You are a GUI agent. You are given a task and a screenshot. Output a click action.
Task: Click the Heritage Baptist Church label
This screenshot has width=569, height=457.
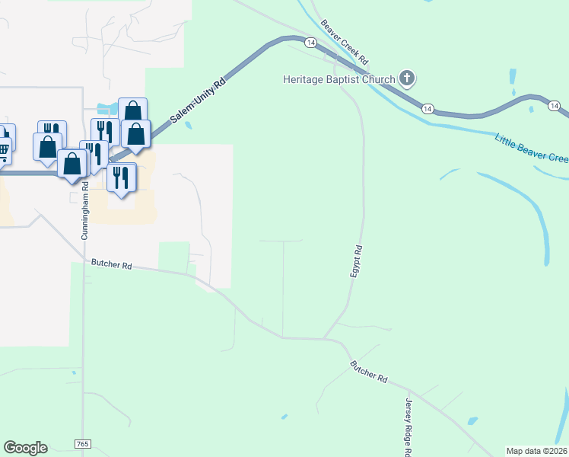339,79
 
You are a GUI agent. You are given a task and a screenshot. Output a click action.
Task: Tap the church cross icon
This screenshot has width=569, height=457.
408,78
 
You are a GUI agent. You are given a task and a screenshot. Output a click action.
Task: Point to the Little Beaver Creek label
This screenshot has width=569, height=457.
531,148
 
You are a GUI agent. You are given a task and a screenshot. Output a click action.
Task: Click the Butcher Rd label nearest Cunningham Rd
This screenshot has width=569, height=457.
112,265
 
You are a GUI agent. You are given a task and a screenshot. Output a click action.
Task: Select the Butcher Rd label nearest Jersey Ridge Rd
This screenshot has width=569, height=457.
369,372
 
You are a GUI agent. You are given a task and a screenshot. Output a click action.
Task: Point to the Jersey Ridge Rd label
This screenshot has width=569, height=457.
408,427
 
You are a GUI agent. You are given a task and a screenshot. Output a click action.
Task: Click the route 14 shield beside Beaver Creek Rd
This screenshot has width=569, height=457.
310,43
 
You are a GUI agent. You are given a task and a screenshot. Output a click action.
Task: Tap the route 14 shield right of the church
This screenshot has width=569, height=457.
429,108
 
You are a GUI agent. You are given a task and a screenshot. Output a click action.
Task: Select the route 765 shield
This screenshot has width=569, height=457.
82,443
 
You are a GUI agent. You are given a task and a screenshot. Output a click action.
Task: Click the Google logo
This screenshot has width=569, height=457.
25,448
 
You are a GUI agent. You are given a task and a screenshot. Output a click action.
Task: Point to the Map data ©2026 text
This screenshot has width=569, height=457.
537,451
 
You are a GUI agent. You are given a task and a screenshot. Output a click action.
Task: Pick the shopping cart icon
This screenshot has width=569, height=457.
3,150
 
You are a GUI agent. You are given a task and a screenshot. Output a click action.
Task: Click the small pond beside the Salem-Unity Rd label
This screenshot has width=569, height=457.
188,125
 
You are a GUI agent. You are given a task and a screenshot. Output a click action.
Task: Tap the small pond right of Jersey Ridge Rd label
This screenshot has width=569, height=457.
472,420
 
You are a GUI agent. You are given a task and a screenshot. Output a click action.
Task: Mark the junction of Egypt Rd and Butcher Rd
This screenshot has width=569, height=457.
325,338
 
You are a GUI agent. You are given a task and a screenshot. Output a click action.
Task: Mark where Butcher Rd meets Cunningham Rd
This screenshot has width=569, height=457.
84,264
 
